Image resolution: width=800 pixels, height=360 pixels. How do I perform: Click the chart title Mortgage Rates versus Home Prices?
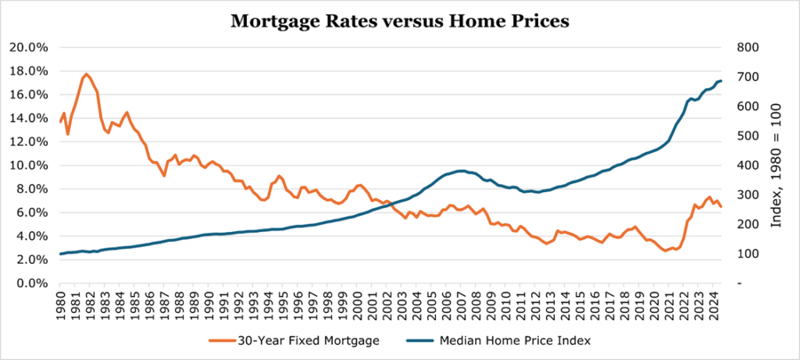point(399,22)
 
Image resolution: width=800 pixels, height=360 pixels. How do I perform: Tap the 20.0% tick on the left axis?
point(30,47)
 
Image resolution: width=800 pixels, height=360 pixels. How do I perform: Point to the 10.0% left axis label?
point(30,166)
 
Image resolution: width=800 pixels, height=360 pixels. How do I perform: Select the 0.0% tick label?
point(33,283)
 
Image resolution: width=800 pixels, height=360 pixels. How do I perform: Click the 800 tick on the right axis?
point(748,47)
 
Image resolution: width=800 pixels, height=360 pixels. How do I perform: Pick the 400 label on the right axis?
point(748,166)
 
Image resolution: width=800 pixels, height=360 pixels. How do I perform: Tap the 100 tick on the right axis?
point(748,254)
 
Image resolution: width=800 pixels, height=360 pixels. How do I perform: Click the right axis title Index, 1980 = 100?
point(777,165)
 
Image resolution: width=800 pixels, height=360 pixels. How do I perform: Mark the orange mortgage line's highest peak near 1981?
point(86,74)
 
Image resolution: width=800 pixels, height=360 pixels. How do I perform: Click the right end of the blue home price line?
point(721,80)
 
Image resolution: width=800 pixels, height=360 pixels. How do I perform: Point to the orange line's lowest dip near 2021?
point(664,251)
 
